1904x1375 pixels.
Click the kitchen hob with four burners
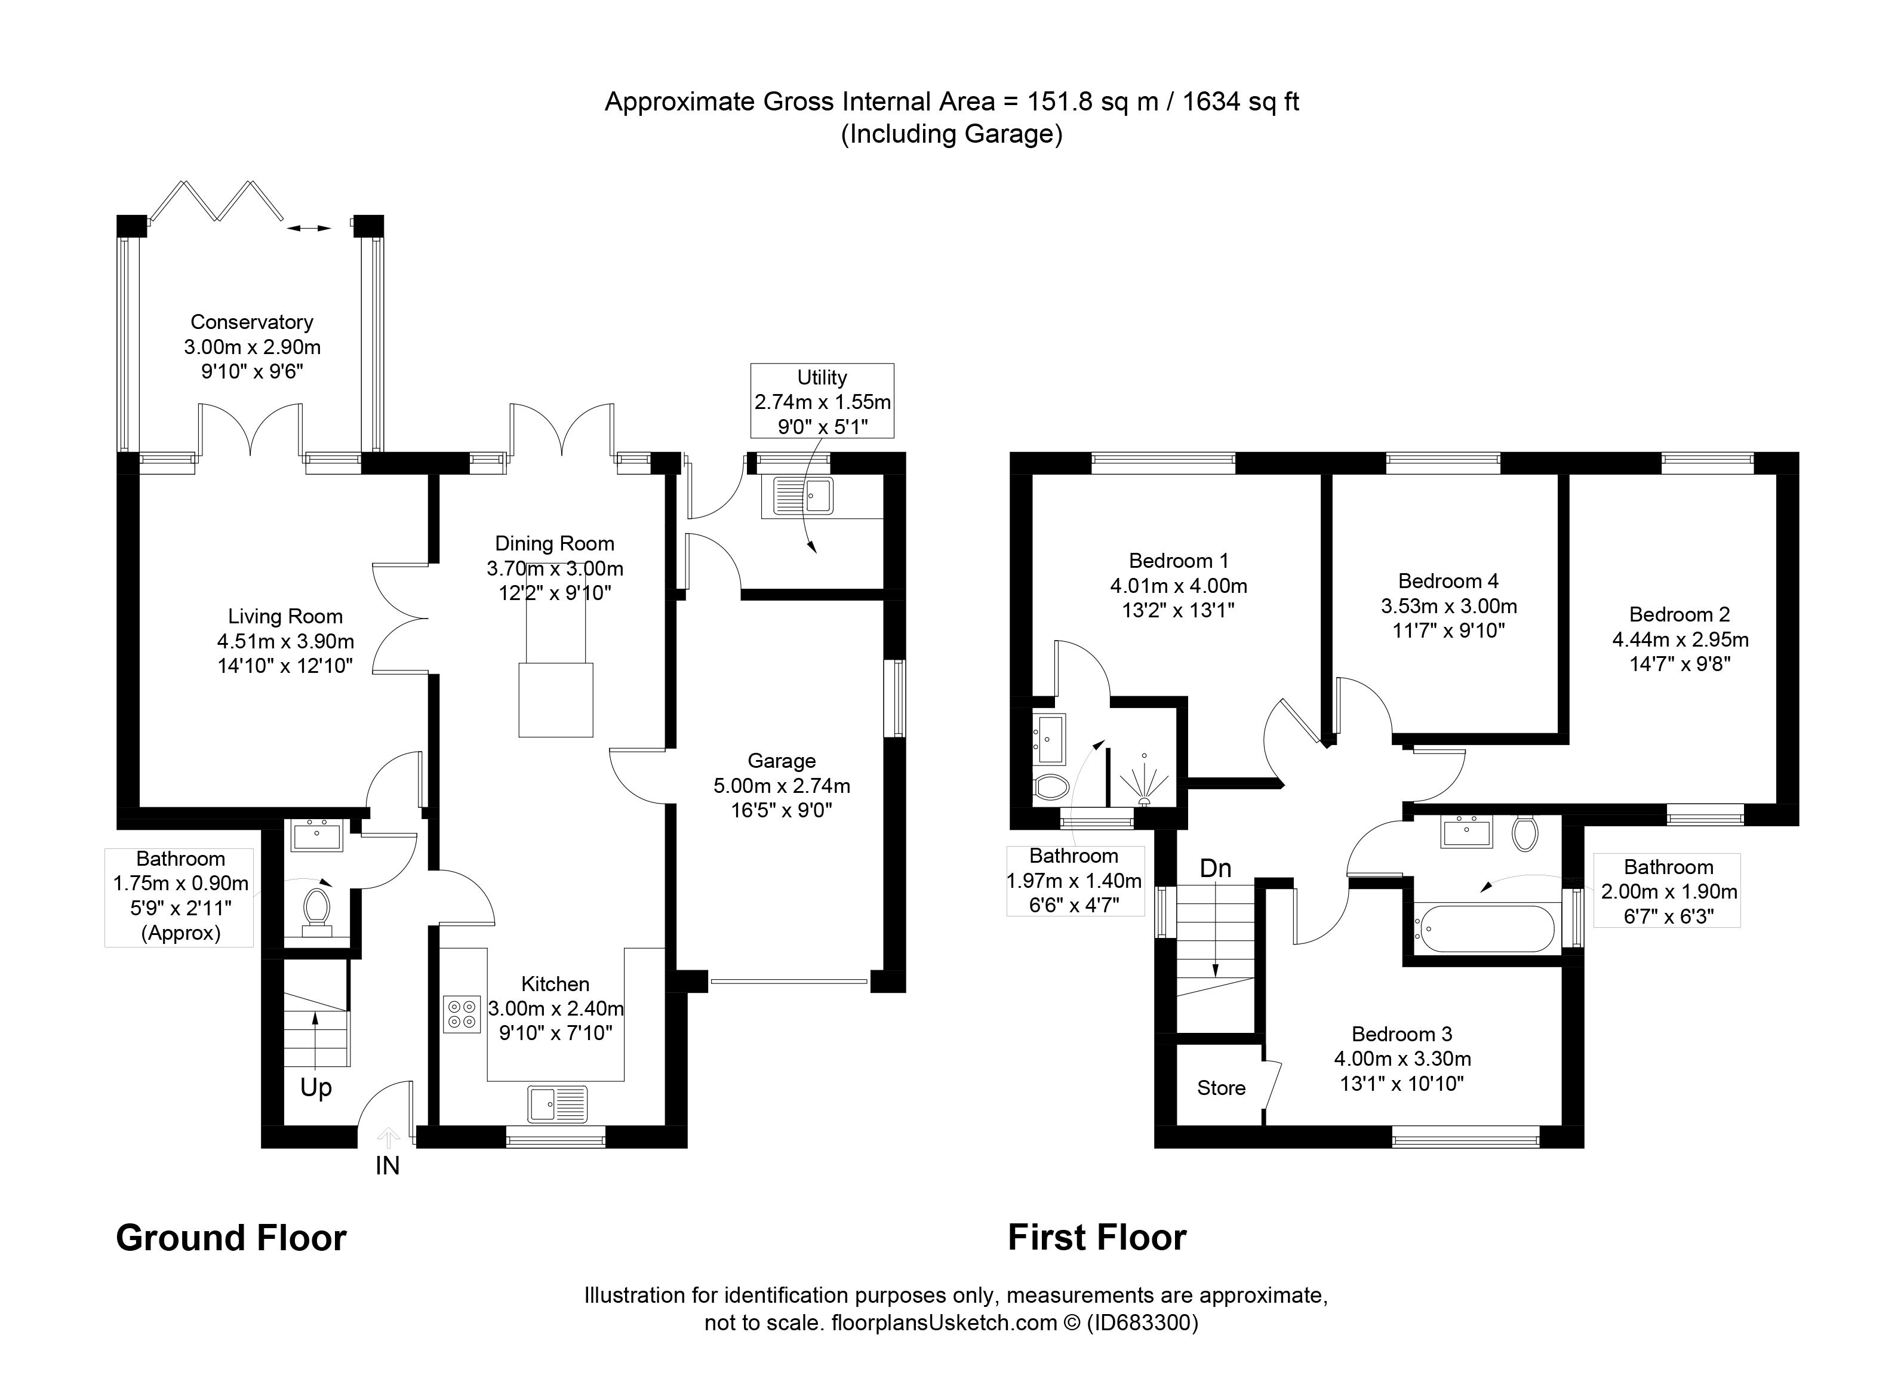point(461,1014)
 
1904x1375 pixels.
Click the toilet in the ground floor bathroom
point(316,910)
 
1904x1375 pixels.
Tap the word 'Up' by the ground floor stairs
point(316,1088)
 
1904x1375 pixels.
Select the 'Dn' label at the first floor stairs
point(1215,868)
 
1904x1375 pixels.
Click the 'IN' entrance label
point(387,1165)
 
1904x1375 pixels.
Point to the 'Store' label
point(1220,1088)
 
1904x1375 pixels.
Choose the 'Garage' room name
point(782,761)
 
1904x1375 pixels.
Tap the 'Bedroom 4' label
point(1448,581)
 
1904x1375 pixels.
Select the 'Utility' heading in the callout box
point(822,378)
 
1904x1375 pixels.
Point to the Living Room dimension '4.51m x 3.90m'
point(285,641)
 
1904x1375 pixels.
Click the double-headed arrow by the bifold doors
point(308,227)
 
